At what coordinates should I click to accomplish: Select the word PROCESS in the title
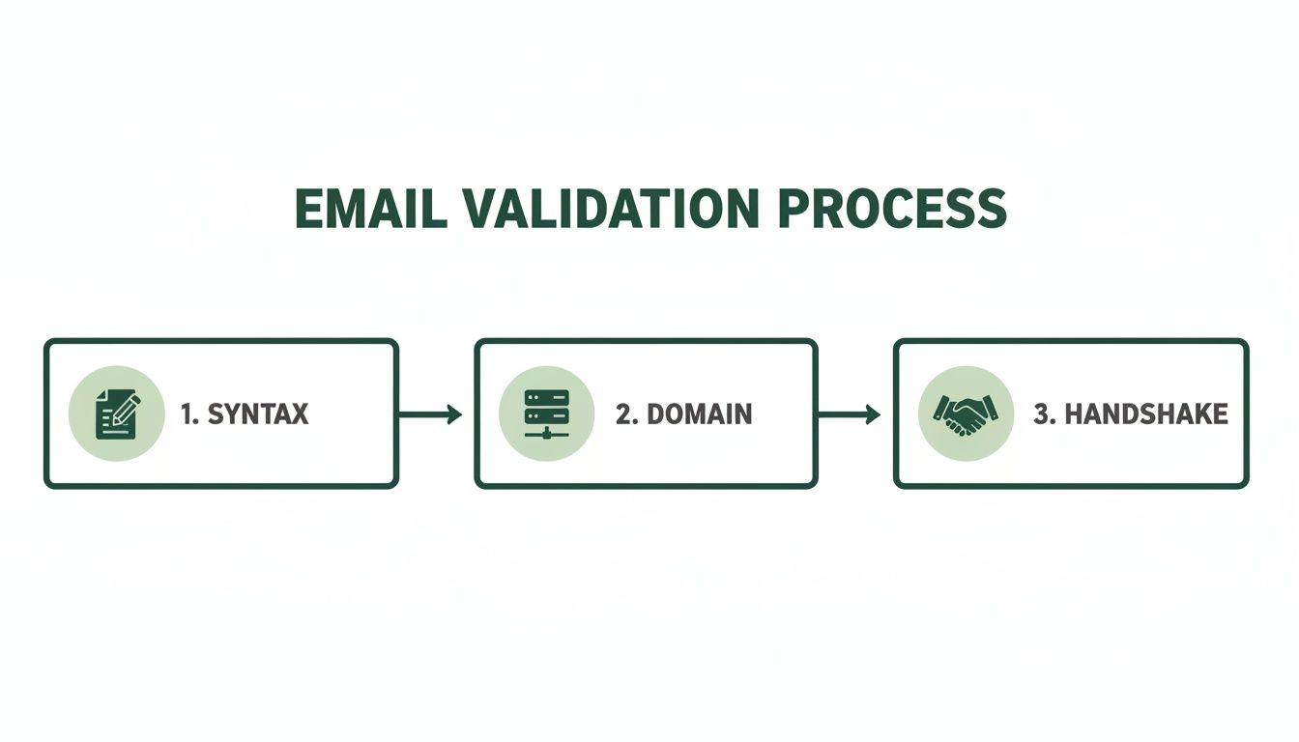(891, 208)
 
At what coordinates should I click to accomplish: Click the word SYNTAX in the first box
(258, 414)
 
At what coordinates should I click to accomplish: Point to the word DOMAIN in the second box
(698, 414)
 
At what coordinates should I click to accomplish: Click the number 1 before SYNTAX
(186, 414)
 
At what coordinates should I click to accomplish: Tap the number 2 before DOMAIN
(623, 414)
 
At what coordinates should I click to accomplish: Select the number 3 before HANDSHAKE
(1041, 414)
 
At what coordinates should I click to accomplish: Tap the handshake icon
(966, 414)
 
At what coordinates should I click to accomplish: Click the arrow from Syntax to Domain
(430, 414)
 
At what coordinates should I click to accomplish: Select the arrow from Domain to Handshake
(849, 414)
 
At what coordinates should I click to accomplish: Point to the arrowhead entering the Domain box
(455, 414)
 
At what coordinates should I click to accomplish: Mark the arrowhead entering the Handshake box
(874, 414)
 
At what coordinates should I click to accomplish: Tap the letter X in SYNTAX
(299, 414)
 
